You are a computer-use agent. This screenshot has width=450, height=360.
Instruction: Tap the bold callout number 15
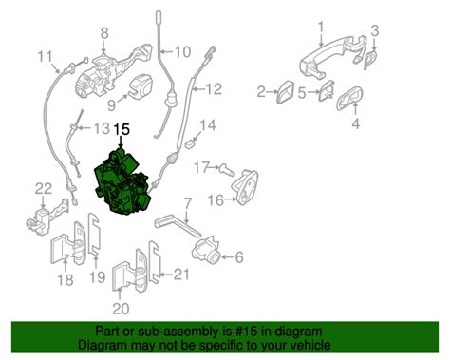tap(122, 130)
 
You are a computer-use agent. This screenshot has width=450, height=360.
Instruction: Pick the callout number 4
tap(356, 123)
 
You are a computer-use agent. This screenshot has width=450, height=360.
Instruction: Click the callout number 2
tap(261, 92)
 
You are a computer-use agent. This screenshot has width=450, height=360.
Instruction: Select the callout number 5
tap(302, 93)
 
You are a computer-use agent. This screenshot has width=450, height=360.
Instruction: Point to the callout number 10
tap(182, 50)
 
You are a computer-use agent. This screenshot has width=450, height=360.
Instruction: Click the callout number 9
tap(112, 104)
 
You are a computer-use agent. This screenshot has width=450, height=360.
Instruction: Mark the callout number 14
tap(208, 124)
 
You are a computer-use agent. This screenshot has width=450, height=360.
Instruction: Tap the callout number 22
tap(44, 186)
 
